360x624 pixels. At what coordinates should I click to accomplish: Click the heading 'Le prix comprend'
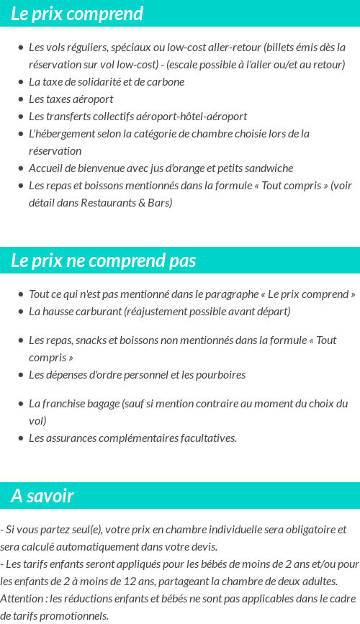77,14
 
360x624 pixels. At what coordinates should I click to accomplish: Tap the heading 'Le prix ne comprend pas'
103,261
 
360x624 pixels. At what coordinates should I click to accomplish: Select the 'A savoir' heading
42,496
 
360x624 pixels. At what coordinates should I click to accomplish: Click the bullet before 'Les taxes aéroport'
21,99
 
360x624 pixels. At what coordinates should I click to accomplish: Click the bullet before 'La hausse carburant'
21,312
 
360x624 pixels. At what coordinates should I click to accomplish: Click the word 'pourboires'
220,375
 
